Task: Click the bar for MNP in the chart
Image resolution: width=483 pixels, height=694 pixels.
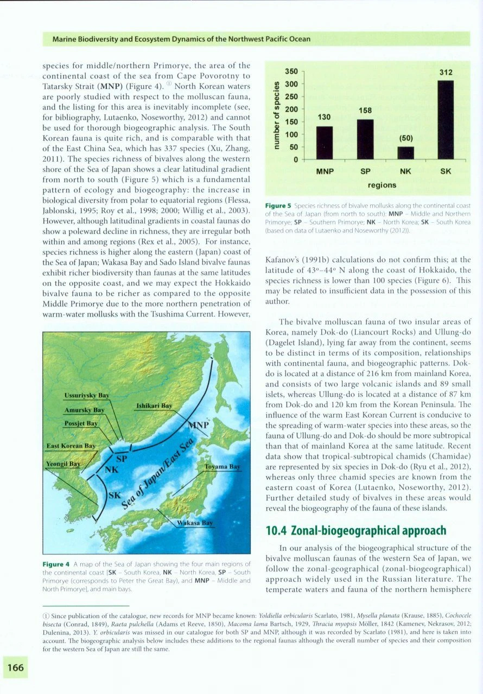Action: click(325, 143)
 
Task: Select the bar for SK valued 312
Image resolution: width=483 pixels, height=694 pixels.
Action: click(446, 120)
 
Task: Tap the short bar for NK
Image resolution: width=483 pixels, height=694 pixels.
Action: click(405, 153)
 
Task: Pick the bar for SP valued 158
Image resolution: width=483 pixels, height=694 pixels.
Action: click(365, 139)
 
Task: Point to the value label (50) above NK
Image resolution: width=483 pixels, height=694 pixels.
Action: click(405, 138)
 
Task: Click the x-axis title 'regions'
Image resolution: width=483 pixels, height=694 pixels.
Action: click(382, 185)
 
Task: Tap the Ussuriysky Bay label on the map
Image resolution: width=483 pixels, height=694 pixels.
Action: click(85, 381)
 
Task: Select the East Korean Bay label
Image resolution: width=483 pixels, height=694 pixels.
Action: click(71, 446)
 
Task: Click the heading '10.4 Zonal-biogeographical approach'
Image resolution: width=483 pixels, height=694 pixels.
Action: click(356, 530)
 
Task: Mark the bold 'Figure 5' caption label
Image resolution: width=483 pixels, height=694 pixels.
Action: click(277, 206)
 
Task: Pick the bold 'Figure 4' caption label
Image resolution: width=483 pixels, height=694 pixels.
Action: click(55, 564)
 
